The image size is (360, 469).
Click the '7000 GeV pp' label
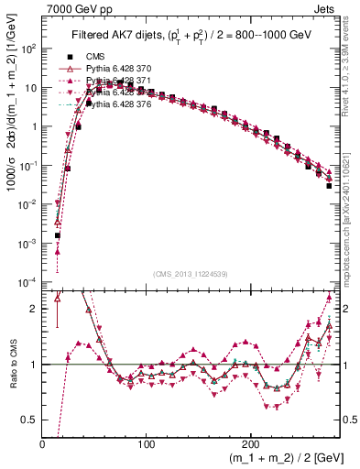pyautogui.click(x=73, y=8)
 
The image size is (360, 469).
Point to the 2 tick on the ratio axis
pyautogui.click(x=35, y=309)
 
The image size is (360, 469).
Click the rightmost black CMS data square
pyautogui.click(x=328, y=185)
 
